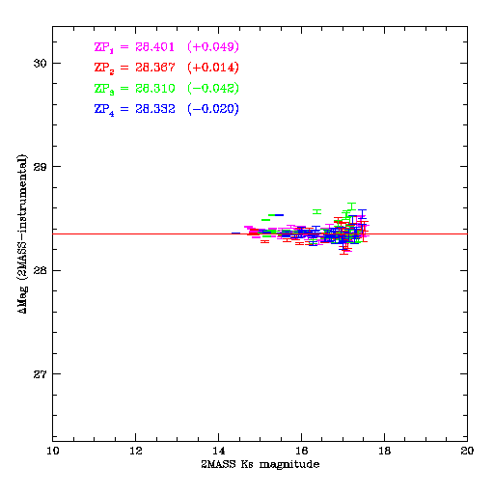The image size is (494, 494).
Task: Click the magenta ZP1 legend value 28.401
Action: tap(155, 46)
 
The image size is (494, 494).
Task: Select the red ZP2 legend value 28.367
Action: tap(155, 68)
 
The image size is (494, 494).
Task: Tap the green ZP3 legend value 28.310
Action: tap(155, 89)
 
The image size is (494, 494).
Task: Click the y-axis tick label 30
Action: tap(39, 64)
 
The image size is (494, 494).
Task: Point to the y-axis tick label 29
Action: tap(39, 167)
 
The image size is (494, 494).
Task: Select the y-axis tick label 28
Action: tap(39, 270)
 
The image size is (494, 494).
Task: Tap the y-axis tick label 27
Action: tap(39, 374)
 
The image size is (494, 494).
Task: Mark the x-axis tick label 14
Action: tap(219, 451)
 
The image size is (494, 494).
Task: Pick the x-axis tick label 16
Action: tap(302, 451)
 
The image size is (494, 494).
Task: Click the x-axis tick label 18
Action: tap(385, 451)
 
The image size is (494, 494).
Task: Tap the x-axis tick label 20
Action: tap(467, 451)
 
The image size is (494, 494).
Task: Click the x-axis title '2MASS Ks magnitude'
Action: tap(261, 464)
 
